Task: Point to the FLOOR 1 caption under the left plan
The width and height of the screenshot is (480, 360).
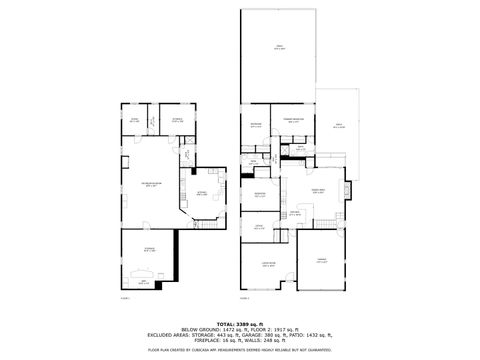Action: coord(125,297)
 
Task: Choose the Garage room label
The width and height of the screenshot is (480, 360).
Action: coord(322,262)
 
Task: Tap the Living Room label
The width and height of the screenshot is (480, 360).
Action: coord(268,263)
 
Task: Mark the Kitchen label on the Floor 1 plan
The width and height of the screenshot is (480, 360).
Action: coord(201,194)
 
